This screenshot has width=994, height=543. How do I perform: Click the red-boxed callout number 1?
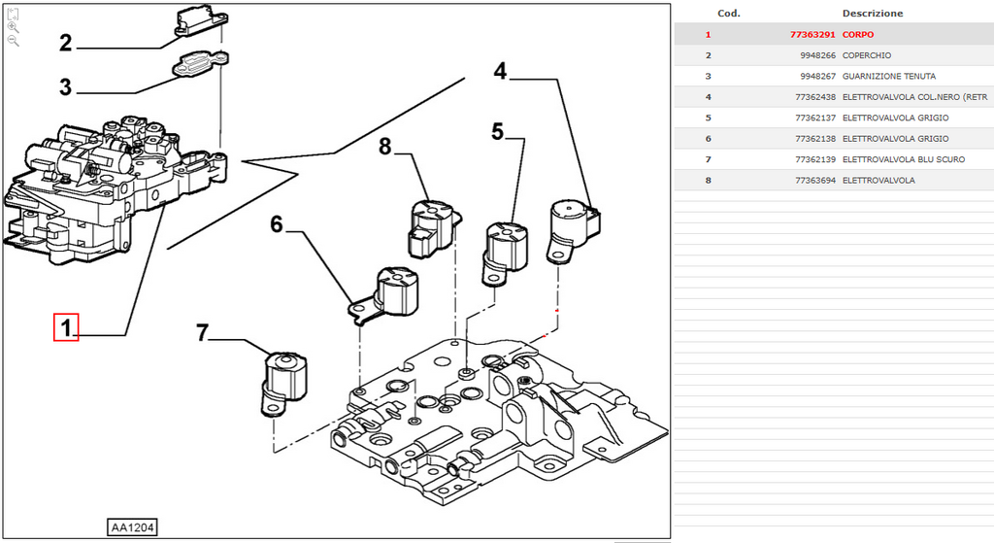click(66, 327)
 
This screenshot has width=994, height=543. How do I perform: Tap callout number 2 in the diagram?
click(66, 43)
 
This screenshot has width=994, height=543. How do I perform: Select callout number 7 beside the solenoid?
click(202, 333)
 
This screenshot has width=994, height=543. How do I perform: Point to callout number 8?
click(384, 148)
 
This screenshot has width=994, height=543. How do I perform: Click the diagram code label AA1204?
click(132, 527)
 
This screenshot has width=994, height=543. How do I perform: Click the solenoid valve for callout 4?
click(574, 231)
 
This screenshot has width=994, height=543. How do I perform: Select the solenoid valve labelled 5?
click(505, 254)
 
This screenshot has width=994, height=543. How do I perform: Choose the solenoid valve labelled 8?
click(432, 228)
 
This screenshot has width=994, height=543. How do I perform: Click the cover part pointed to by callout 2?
click(200, 23)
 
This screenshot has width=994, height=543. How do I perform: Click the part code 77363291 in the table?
click(812, 34)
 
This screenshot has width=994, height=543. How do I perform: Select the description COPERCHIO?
click(867, 55)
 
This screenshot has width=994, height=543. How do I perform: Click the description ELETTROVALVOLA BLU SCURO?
click(904, 159)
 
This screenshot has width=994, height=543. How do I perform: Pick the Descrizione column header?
click(873, 14)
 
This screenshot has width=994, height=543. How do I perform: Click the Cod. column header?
click(728, 14)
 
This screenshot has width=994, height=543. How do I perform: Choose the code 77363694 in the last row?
click(815, 180)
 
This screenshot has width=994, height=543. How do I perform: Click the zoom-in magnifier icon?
click(14, 27)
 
